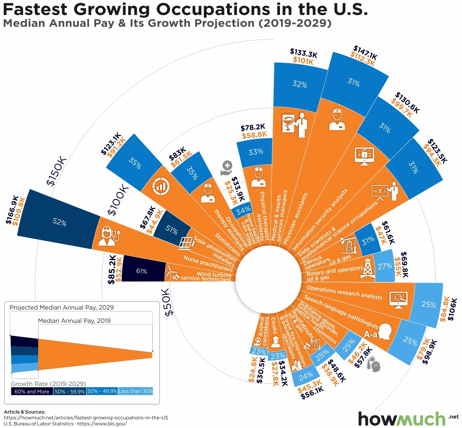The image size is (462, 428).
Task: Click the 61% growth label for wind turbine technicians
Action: point(141,271)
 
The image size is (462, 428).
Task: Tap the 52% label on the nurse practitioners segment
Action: point(60,222)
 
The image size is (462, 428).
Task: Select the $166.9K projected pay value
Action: point(12,210)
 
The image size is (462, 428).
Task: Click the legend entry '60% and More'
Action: point(32,391)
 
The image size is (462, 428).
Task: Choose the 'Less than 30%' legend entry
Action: point(135,391)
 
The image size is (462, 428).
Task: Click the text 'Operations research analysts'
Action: point(344,293)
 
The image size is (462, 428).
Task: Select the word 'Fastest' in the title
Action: point(35,9)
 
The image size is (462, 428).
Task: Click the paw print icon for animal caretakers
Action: point(257,342)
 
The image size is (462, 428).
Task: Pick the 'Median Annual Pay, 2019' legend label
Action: point(74,321)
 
